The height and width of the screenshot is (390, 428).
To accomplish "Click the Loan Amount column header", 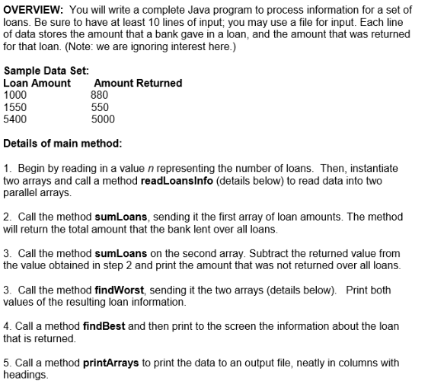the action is coord(37,84).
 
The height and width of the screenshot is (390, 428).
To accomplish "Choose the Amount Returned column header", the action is coord(138,84).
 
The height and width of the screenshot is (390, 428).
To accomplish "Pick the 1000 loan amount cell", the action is coord(15,95).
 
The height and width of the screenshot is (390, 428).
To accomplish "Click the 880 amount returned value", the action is coord(99,95).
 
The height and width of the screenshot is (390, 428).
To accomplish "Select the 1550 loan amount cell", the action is coord(15,107).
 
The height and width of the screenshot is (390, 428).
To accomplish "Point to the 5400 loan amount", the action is coord(15,119).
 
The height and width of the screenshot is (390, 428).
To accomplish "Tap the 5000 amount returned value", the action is coord(103,119).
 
